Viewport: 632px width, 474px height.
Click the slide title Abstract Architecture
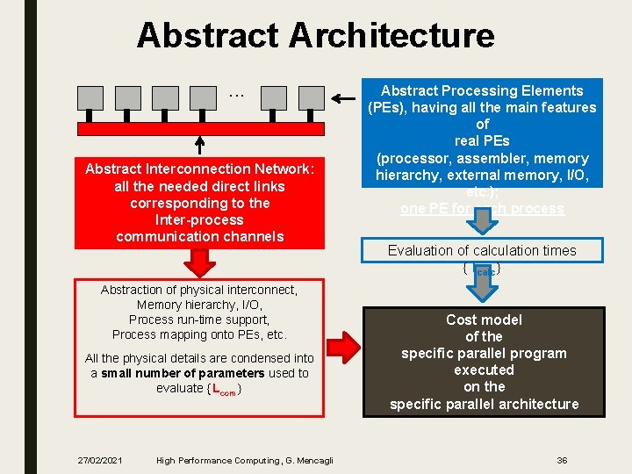(x=315, y=36)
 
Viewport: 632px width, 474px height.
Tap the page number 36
(x=563, y=460)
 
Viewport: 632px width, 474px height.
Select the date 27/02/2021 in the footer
(x=98, y=461)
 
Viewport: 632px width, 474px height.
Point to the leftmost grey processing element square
(x=90, y=97)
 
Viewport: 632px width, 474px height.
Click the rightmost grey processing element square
(x=312, y=97)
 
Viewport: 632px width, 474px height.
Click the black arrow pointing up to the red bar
(x=198, y=145)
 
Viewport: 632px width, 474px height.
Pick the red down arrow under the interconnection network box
(x=200, y=262)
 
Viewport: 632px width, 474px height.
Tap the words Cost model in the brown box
(x=484, y=320)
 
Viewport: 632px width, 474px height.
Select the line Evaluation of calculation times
(x=482, y=250)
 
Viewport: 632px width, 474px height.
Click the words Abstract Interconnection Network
(x=199, y=169)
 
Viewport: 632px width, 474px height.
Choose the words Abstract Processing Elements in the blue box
(x=482, y=90)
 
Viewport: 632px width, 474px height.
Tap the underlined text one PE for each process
(x=482, y=209)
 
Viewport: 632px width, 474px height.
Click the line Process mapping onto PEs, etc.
(x=199, y=334)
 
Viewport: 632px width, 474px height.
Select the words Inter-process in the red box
(x=199, y=219)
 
